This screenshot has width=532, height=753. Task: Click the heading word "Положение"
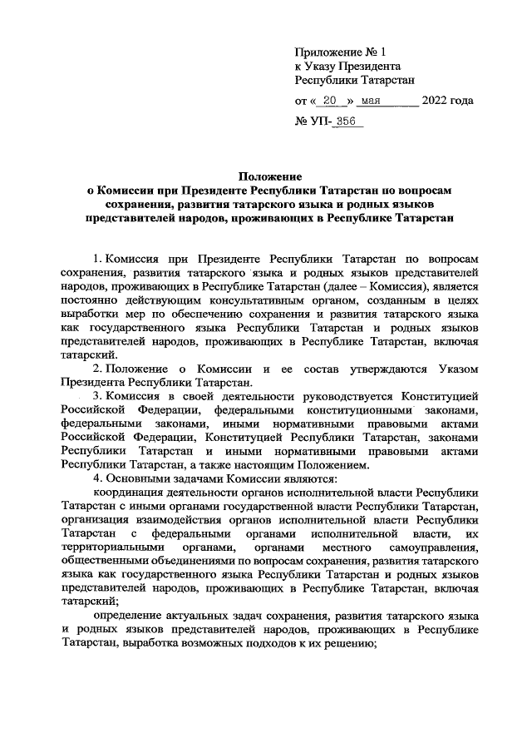tap(266, 176)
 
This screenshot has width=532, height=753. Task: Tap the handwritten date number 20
tap(332, 102)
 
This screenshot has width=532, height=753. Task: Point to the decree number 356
tap(347, 122)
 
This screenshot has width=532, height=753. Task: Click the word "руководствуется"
tap(342, 397)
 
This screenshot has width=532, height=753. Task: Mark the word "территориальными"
tap(113, 549)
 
